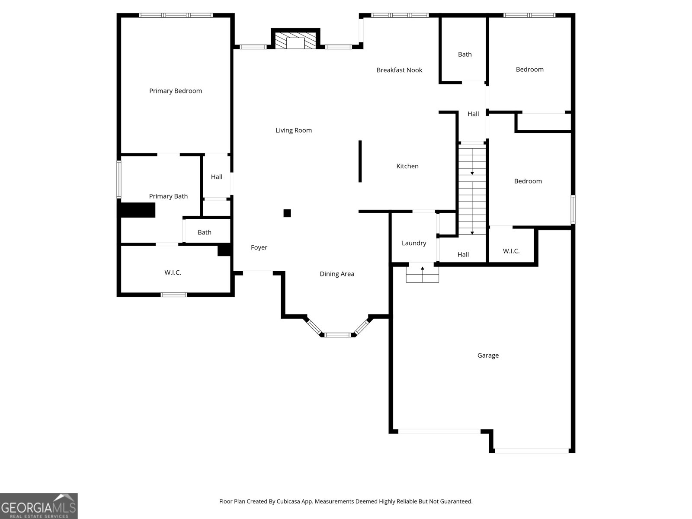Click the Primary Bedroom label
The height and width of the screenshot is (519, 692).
[x=176, y=91]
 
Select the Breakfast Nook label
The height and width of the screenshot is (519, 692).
[x=399, y=70]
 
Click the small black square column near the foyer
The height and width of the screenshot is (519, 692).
[x=287, y=213]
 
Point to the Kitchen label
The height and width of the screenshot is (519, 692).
[x=407, y=166]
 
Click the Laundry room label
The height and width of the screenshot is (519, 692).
[x=414, y=243]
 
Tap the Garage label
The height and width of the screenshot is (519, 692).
[x=488, y=356]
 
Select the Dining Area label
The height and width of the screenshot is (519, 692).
[x=337, y=274]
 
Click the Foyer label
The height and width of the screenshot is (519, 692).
[x=259, y=247]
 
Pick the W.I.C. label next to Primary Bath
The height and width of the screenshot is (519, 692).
[x=173, y=272]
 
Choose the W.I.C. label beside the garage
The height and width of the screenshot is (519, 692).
[x=511, y=251]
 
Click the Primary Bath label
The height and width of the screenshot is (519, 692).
[x=168, y=196]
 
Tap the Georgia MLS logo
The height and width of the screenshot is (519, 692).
[x=38, y=506]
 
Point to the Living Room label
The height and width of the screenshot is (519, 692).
[x=294, y=130]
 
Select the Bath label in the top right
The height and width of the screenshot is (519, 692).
[x=465, y=54]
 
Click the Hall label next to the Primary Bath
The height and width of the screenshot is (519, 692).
[x=217, y=177]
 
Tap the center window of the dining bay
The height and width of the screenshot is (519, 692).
[x=338, y=335]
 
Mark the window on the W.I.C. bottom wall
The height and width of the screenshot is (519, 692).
[x=174, y=295]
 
